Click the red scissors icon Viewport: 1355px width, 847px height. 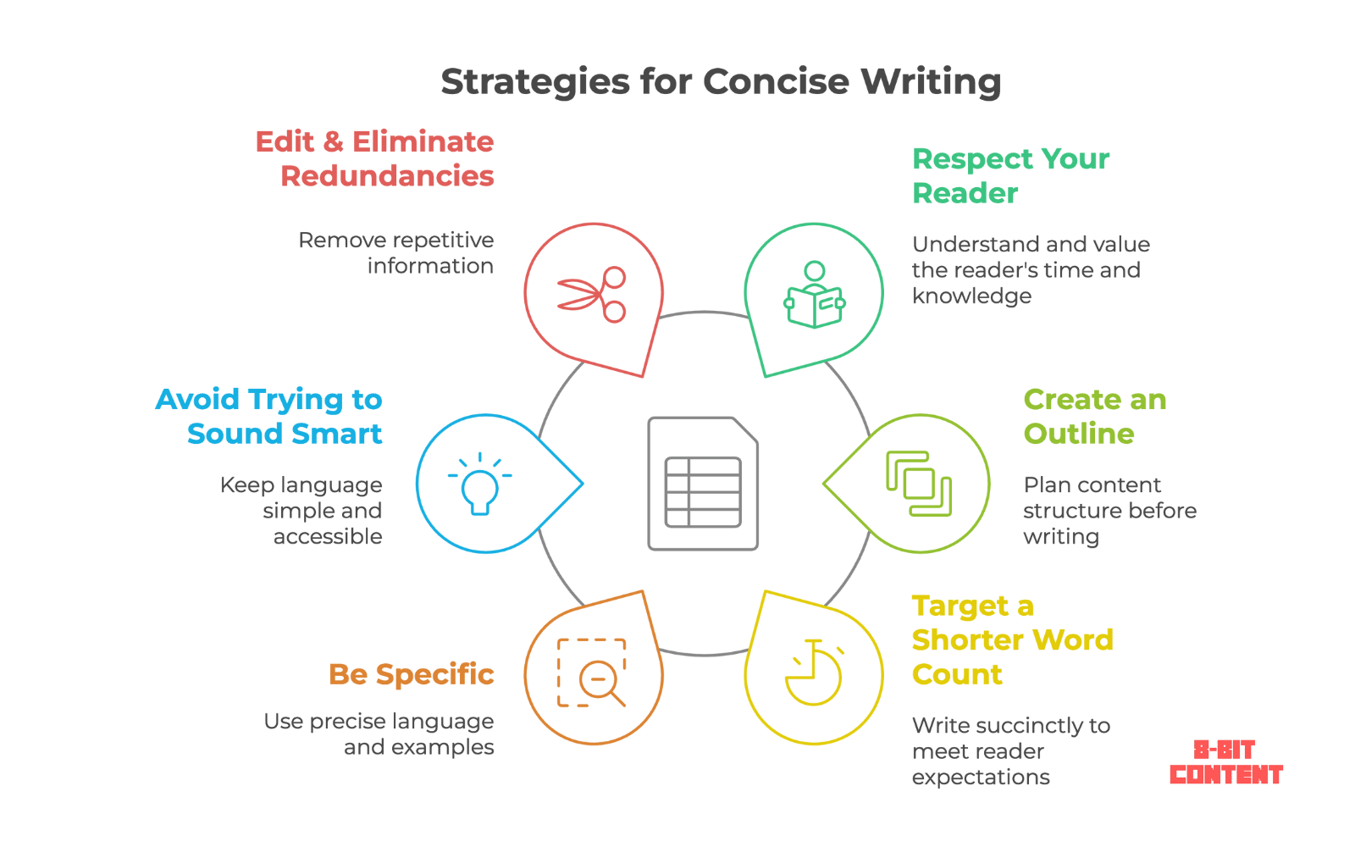coord(592,294)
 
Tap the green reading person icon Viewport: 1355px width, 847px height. coord(814,295)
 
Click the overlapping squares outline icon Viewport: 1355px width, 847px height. coord(918,483)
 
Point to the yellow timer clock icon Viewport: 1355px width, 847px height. coord(814,673)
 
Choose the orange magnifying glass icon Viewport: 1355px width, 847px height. coord(592,673)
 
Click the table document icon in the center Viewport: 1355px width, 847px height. coord(703,484)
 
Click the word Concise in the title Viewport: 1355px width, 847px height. coord(776,82)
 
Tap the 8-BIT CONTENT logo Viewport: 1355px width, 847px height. coord(1225,762)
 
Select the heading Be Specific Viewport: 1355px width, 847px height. coord(412,674)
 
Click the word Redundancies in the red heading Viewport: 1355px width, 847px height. coord(388,176)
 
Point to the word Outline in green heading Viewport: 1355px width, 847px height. coord(1079,434)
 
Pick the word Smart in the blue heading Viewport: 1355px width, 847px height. coord(337,434)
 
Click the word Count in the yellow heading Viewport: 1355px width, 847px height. coord(957,675)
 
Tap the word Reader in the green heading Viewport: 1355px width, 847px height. coord(965,193)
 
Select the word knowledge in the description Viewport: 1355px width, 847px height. coord(971,296)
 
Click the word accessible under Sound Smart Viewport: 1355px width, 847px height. coord(328,536)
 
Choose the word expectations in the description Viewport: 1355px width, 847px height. coord(981,777)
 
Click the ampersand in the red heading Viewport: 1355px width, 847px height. coord(333,141)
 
